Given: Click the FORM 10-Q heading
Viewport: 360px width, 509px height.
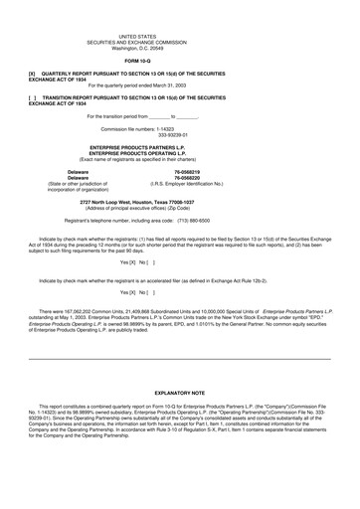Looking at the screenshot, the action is click(179, 61).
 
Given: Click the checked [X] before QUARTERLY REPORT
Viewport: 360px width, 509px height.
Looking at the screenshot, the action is click(33, 74).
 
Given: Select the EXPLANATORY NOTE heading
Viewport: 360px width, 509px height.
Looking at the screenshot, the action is click(179, 394).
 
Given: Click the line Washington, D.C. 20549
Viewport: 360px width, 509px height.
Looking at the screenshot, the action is click(179, 47).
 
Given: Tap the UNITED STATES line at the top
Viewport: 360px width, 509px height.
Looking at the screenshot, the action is click(179, 35).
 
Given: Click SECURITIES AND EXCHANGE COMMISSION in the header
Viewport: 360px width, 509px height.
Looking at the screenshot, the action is click(179, 41).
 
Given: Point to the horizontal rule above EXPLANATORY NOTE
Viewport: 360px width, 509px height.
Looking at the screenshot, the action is click(179, 357).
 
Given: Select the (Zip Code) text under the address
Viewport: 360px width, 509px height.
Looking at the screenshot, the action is click(231, 209).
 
